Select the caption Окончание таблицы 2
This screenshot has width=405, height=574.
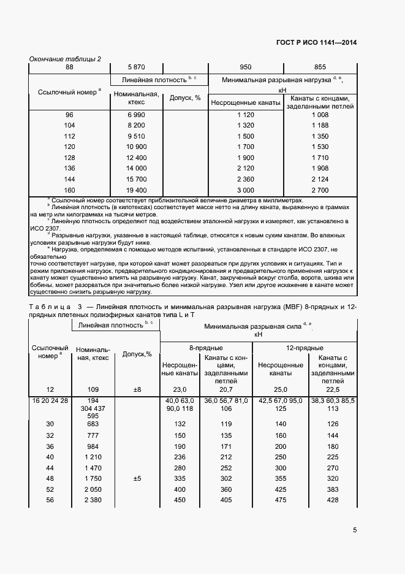click(x=66, y=59)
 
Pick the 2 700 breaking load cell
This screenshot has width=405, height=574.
click(x=320, y=190)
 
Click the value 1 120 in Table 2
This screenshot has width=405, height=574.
click(x=246, y=115)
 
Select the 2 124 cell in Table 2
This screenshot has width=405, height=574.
click(x=320, y=179)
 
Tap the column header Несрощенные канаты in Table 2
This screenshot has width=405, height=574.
click(x=246, y=102)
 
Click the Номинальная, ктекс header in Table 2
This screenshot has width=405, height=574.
click(x=135, y=99)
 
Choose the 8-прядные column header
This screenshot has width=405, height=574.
click(x=205, y=348)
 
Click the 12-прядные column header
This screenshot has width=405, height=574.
click(x=305, y=348)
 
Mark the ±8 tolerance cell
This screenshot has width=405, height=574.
click(x=137, y=389)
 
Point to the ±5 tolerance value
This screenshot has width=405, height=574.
click(x=137, y=478)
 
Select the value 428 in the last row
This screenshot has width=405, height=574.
click(x=333, y=500)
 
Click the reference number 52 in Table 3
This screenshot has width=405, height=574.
click(x=50, y=489)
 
